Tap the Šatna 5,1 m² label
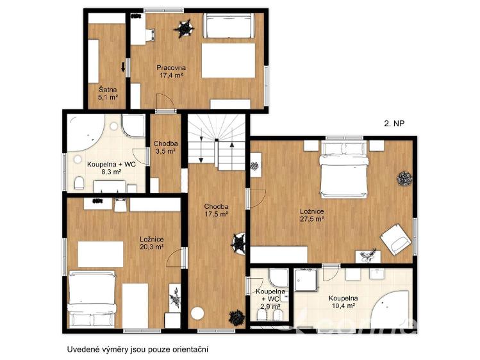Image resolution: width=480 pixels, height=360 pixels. [108, 94]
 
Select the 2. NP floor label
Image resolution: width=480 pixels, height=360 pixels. [394, 123]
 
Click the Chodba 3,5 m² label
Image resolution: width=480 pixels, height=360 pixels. [165, 147]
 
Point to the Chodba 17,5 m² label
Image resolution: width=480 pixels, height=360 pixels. [216, 211]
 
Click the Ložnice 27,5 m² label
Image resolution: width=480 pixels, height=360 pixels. [311, 215]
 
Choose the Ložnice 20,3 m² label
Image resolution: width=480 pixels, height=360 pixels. [151, 243]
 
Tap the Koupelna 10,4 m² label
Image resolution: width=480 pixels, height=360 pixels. [343, 302]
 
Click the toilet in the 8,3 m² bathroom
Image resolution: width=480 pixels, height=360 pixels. [79, 183]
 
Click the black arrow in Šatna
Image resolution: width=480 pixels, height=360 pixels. [123, 67]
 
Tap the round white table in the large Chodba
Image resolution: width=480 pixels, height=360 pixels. [197, 313]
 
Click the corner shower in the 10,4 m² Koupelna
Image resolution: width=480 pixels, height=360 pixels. [306, 280]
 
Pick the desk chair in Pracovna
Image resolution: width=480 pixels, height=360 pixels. [150, 35]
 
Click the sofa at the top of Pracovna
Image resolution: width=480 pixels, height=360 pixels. [228, 26]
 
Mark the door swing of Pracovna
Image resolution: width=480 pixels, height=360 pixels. [165, 102]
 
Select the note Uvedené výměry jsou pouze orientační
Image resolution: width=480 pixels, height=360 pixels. [138, 349]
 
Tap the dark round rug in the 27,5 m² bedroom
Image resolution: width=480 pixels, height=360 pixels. [404, 179]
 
